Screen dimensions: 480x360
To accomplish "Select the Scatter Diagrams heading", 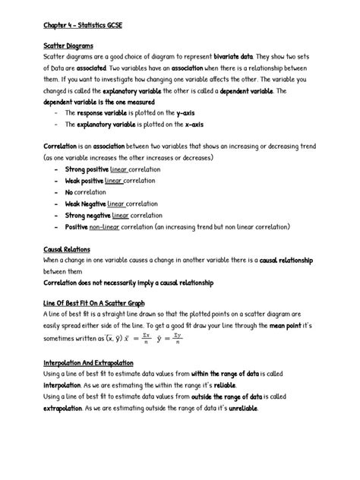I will [x=68, y=46].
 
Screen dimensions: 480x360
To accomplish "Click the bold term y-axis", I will [x=187, y=112].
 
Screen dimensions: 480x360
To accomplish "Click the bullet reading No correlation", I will [x=85, y=192].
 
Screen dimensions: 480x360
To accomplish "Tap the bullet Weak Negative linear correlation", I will [x=110, y=204].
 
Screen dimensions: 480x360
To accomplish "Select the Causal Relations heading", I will [x=67, y=249].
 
